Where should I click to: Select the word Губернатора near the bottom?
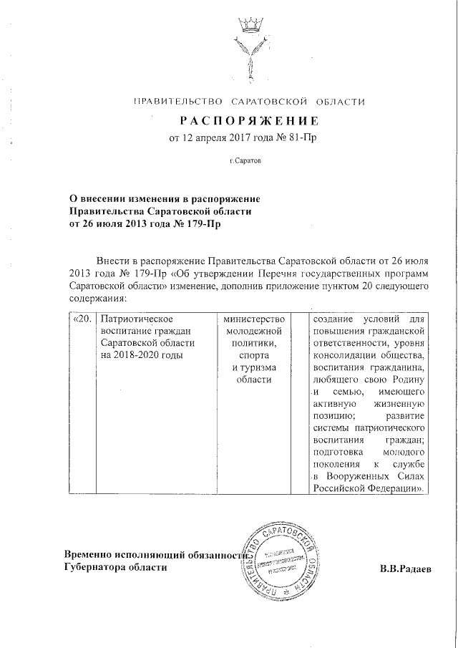[x=96, y=568]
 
